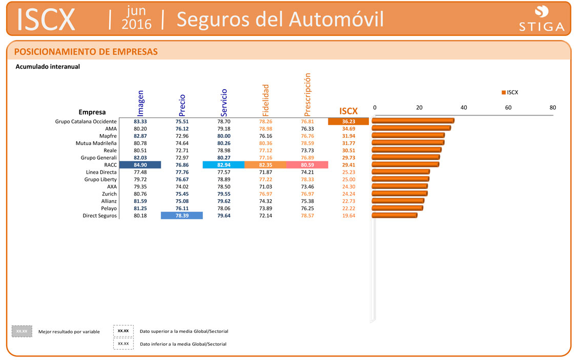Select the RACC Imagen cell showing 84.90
tap(140, 165)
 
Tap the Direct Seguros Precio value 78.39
tap(182, 216)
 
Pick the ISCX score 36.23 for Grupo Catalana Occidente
tap(348, 121)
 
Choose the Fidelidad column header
tap(265, 100)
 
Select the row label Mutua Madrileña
tap(96, 143)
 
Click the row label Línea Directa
tap(101, 172)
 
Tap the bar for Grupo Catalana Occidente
tap(412, 121)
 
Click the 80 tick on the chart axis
tap(552, 108)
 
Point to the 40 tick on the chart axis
tap(464, 108)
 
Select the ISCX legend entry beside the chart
tap(510, 92)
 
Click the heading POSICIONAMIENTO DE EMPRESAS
tap(86, 52)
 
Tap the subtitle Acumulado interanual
tap(48, 67)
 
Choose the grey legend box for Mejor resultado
tap(22, 331)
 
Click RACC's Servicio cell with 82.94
tap(224, 165)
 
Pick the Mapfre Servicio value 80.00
tap(224, 136)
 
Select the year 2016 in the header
tap(137, 24)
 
